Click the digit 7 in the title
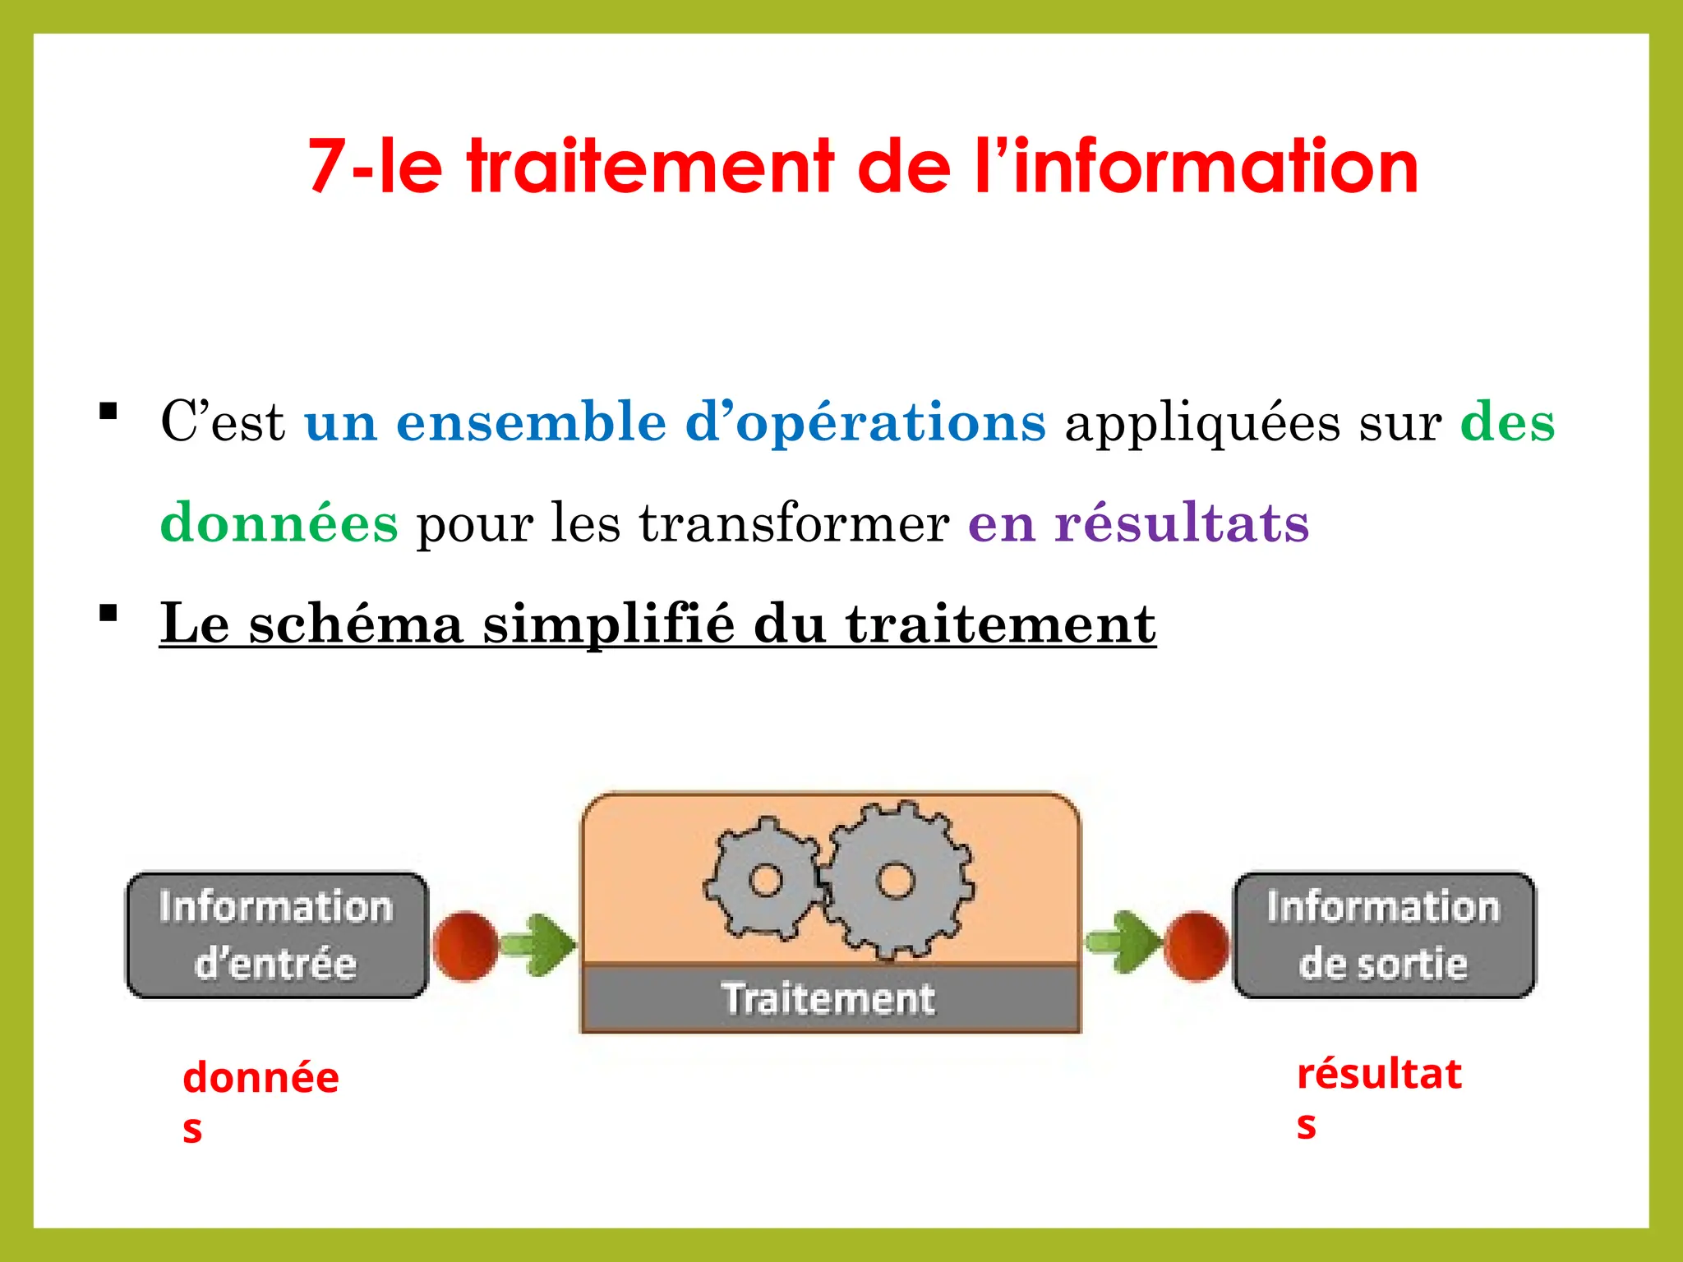(328, 167)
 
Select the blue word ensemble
(531, 422)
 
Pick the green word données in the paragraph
(279, 523)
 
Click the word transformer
(794, 523)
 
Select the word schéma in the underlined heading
(357, 624)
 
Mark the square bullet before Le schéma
(108, 614)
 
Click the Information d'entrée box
(276, 936)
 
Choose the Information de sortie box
(1384, 936)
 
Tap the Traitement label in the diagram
(829, 999)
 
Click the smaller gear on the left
(765, 879)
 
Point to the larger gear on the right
(896, 880)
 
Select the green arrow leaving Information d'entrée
(538, 944)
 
